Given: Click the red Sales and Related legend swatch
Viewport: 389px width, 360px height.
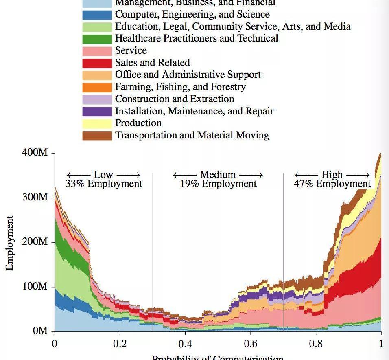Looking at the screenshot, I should point(97,63).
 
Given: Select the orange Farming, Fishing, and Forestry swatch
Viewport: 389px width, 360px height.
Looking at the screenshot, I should point(97,87).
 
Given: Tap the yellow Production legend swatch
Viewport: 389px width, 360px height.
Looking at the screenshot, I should point(97,123).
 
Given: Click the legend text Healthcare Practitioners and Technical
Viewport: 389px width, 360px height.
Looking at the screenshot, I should point(197,38).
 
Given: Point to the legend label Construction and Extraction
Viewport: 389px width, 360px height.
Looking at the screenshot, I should point(175,99).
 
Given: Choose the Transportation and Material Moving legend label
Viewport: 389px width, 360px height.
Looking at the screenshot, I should point(192,135).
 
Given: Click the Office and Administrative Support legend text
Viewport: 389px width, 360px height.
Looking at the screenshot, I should point(188,75).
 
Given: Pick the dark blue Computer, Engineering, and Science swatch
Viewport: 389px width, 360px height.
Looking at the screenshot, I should point(97,15).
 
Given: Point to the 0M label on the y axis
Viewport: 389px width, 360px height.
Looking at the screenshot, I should point(41,331).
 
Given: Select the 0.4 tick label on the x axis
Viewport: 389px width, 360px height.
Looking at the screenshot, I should point(185,343).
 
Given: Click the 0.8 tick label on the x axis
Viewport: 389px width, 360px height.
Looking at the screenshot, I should point(316,343).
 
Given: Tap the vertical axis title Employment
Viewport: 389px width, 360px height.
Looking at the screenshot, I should point(9,243).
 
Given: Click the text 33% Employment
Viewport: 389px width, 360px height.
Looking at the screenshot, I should point(104,184).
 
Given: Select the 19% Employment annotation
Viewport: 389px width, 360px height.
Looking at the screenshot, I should point(219,184).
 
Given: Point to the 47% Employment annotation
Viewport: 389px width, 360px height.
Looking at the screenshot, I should point(332,184).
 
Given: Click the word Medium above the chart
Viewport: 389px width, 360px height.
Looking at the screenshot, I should point(218,175).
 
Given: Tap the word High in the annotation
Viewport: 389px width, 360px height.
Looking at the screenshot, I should point(332,175).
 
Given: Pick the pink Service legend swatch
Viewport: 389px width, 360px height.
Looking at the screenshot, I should point(97,51).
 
